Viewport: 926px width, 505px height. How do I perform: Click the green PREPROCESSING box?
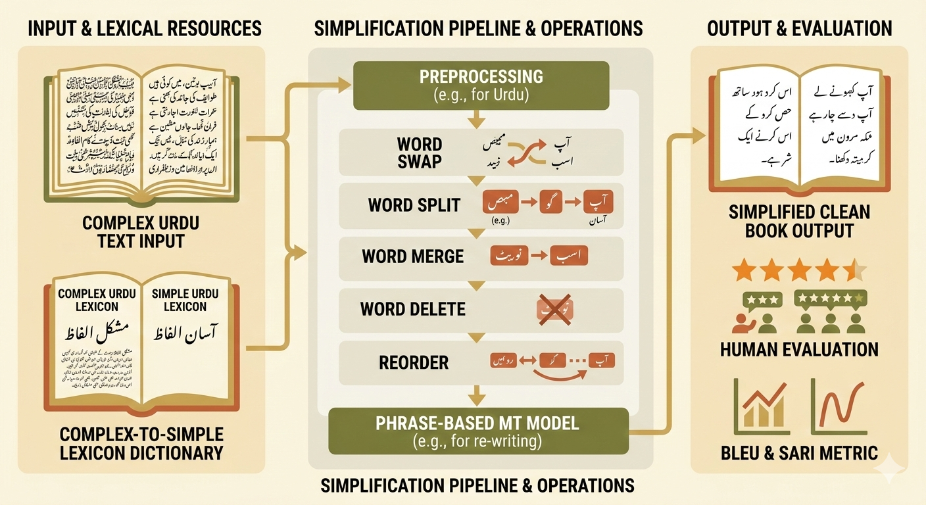pos(481,85)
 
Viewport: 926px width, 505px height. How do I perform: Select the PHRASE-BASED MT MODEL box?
pos(478,431)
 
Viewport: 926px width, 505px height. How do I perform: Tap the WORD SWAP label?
pos(419,153)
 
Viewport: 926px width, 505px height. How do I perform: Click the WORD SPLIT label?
pos(414,204)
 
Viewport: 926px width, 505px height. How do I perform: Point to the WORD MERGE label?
pos(412,256)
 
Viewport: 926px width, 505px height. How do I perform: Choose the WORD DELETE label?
pos(412,308)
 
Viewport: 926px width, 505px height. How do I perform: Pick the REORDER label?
pos(414,362)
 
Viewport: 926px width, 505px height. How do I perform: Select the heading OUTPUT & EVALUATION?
pos(799,28)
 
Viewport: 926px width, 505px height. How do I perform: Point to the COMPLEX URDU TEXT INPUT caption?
pos(141,231)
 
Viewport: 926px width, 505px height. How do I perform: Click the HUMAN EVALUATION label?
pos(799,349)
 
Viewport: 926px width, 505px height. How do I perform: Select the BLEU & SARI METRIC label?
pos(799,452)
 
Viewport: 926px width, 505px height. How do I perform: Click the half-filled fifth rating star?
pos(856,270)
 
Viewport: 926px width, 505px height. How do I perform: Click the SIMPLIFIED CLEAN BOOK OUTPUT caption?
pos(799,222)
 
